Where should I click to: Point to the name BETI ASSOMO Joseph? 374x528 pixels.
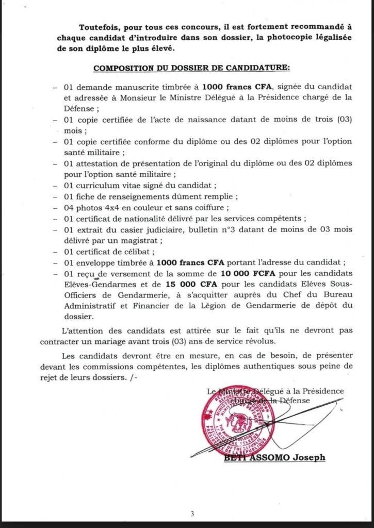tap(274, 457)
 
